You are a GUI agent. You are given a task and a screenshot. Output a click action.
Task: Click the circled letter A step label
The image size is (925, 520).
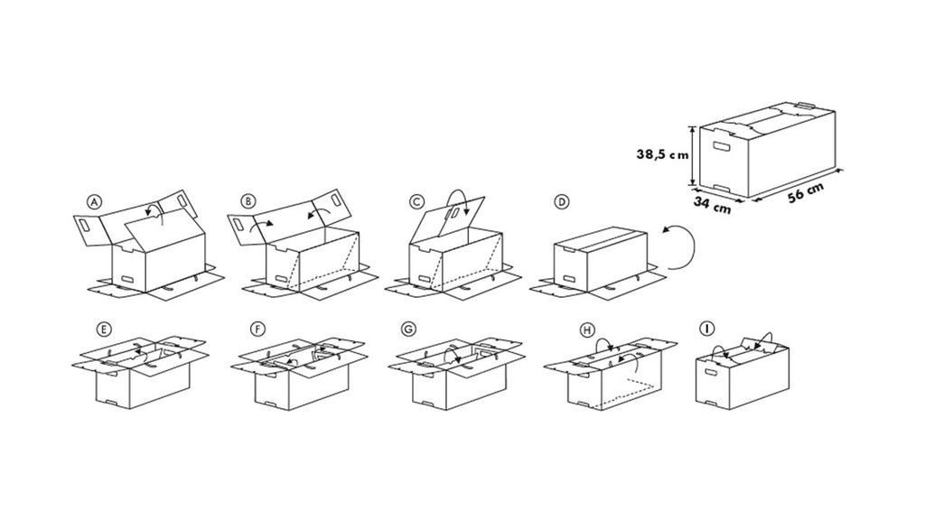94,201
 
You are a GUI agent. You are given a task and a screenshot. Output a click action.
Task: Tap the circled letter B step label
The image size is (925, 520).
249,201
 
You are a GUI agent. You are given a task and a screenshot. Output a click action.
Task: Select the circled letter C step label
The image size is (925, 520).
416,201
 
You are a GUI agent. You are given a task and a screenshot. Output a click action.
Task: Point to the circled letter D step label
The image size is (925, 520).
562,201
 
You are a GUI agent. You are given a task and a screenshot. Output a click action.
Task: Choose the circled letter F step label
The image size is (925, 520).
257,329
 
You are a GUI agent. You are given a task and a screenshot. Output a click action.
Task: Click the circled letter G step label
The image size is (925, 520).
407,329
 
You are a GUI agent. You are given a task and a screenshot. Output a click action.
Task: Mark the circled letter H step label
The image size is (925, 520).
586,330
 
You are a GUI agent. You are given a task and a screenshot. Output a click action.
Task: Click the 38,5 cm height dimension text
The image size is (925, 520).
662,154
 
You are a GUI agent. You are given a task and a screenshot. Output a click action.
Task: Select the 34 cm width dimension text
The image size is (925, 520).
712,205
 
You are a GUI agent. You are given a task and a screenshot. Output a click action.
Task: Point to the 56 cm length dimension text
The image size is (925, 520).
806,192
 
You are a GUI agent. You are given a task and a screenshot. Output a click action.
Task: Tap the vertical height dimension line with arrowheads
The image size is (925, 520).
693,155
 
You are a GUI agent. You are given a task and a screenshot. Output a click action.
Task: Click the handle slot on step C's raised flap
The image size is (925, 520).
455,213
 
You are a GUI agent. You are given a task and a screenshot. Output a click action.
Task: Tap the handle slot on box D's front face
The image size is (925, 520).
570,279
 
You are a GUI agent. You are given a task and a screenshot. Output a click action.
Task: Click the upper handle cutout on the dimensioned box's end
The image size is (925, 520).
721,146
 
